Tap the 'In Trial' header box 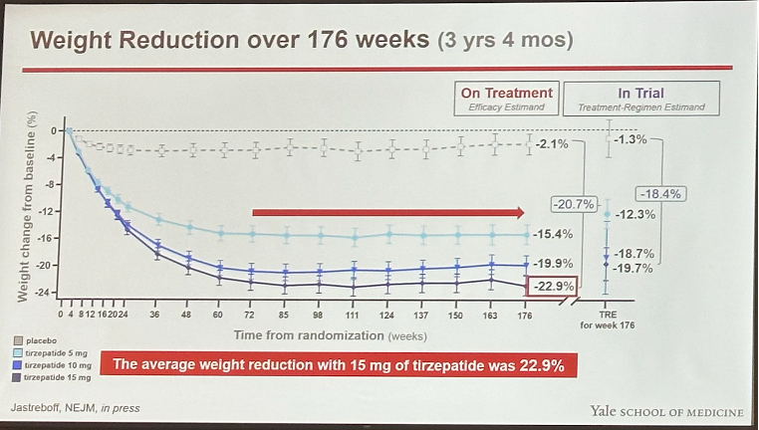[640, 99]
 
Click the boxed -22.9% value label [553, 288]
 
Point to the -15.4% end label [553, 234]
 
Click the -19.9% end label [553, 264]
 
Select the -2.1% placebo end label [552, 144]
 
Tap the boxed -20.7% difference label [573, 204]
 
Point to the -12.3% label [635, 215]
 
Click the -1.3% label [631, 139]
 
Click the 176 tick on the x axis [526, 315]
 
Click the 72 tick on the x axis [252, 315]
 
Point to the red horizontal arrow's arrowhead [518, 212]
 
